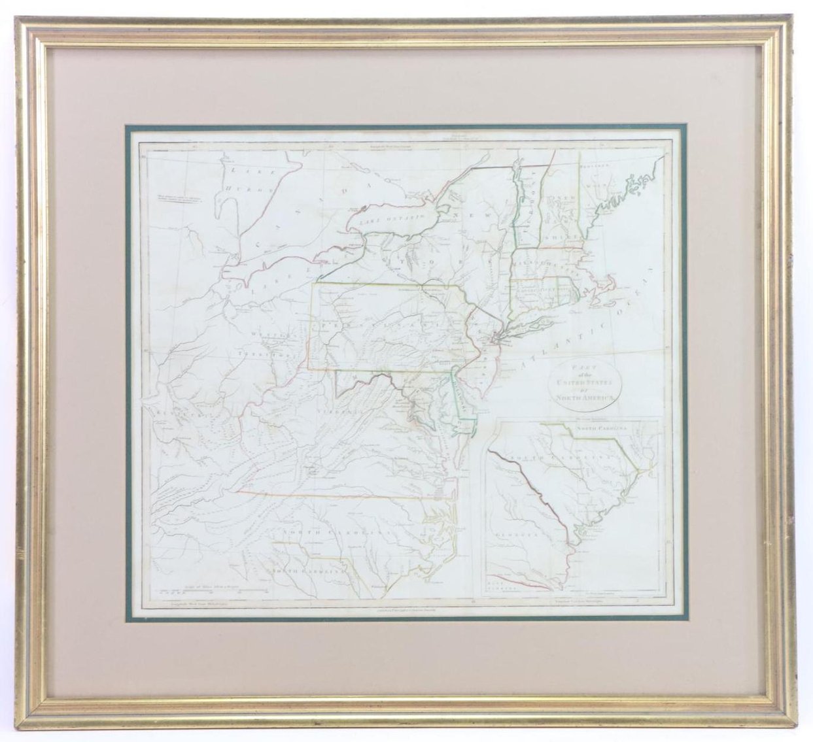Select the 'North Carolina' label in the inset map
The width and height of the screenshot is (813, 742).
coord(601,428)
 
